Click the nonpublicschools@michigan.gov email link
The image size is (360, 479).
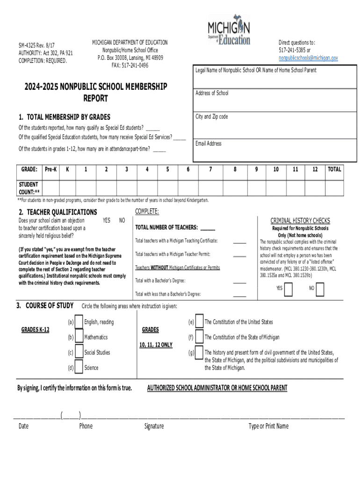tap(308, 58)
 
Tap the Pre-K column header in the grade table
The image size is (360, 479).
tap(50, 169)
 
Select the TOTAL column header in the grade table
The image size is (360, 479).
tap(334, 169)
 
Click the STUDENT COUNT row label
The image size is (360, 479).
tap(29, 188)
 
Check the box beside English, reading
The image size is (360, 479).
tap(79, 322)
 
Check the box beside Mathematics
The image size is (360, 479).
tap(79, 337)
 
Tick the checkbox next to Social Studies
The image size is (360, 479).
tap(79, 352)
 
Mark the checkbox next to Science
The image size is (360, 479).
tap(79, 367)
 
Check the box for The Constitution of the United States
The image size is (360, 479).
tap(200, 322)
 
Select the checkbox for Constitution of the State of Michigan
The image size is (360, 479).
tap(200, 337)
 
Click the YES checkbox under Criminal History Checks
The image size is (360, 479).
tap(288, 290)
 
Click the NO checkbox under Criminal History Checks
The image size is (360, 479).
tap(320, 290)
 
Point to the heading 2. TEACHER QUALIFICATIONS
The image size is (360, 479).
tap(58, 212)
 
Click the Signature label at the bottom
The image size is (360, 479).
tap(154, 426)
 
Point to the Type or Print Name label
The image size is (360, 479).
tap(268, 426)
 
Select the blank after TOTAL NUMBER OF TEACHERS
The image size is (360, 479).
tap(208, 228)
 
